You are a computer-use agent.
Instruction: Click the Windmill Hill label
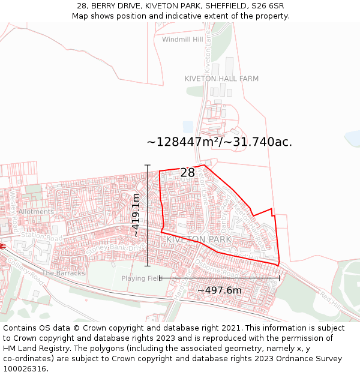(182, 40)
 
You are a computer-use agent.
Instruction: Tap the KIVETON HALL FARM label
(221, 79)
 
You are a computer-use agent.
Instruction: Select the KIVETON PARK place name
(199, 239)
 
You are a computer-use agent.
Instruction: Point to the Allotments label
(36, 212)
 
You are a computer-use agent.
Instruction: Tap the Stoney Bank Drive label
(113, 248)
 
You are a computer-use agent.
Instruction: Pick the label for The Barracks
(63, 273)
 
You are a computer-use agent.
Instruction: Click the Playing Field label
(142, 278)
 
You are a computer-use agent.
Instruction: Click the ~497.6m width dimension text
(219, 290)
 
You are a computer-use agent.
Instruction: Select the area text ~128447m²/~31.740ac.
(220, 142)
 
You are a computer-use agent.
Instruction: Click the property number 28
(188, 173)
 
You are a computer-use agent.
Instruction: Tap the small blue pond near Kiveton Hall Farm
(188, 127)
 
